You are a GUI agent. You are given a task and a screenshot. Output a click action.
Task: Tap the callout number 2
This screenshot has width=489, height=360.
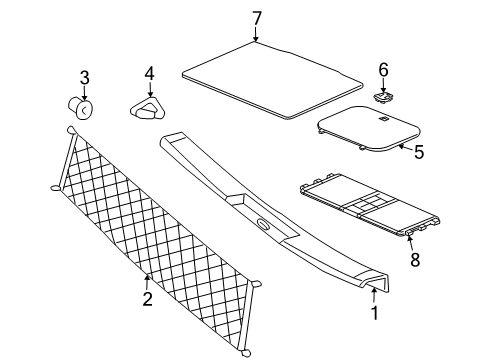tap(146, 299)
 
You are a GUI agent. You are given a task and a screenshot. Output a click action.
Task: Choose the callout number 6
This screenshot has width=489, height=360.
tap(381, 69)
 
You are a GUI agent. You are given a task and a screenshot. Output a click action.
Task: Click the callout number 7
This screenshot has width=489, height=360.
tap(256, 17)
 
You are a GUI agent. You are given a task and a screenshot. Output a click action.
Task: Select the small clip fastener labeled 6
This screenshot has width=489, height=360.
tap(381, 97)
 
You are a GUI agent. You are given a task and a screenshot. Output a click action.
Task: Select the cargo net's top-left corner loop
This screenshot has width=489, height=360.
tap(71, 131)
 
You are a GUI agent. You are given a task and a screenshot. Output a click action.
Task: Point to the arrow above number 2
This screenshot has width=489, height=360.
tap(147, 281)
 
